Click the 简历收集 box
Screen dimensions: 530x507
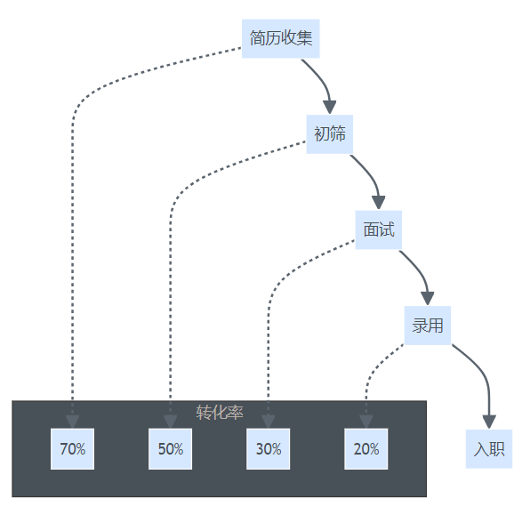click(280, 38)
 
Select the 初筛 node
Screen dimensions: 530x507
click(330, 134)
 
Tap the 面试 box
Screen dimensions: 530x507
click(379, 229)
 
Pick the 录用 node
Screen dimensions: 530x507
click(428, 326)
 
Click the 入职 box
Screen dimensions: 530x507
click(489, 449)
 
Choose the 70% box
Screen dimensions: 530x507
click(72, 449)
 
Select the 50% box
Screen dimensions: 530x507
click(171, 449)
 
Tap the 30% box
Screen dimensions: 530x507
click(268, 449)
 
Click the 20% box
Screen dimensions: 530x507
click(366, 449)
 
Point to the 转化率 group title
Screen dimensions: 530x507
click(220, 413)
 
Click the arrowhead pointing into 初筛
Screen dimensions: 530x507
click(330, 108)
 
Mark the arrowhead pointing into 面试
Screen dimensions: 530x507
click(379, 203)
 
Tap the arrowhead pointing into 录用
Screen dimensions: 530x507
click(428, 299)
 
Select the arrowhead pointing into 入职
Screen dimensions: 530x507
click(489, 422)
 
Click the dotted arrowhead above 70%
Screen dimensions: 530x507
click(72, 422)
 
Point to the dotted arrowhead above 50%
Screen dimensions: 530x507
click(171, 422)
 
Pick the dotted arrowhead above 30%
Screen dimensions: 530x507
click(268, 422)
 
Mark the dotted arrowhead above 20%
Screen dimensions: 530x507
click(366, 422)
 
